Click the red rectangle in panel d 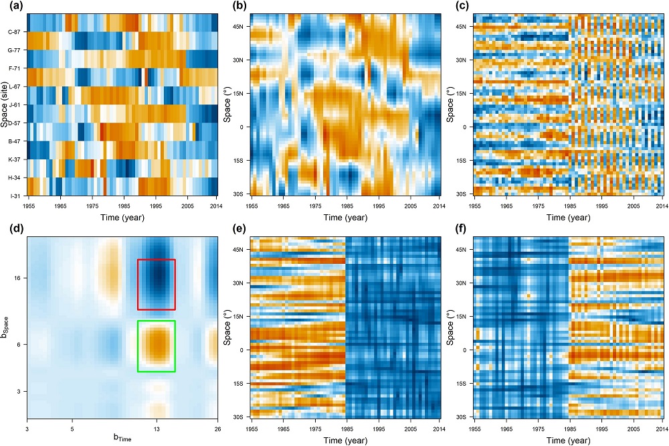click(156, 284)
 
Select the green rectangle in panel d click(156, 346)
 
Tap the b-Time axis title click(121, 438)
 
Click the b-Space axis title click(7, 326)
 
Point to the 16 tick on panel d click(17, 277)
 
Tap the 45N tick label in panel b click(239, 27)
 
